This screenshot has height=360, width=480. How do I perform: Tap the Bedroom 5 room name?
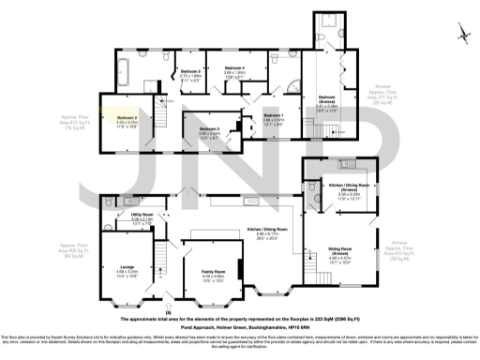tap(190, 71)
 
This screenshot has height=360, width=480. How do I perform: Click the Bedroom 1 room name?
tap(273, 115)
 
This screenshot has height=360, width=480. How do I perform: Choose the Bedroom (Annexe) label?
tap(326, 97)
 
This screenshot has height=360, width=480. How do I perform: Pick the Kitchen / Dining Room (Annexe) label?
tap(349, 186)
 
